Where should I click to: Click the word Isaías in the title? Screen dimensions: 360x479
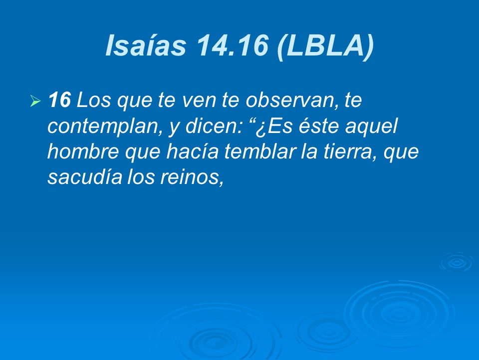(x=145, y=46)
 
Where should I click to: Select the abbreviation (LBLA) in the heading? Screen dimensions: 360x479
(x=324, y=46)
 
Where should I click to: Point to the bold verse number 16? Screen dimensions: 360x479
(x=59, y=101)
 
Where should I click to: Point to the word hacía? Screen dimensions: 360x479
(x=191, y=152)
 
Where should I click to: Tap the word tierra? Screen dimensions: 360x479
(x=347, y=152)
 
